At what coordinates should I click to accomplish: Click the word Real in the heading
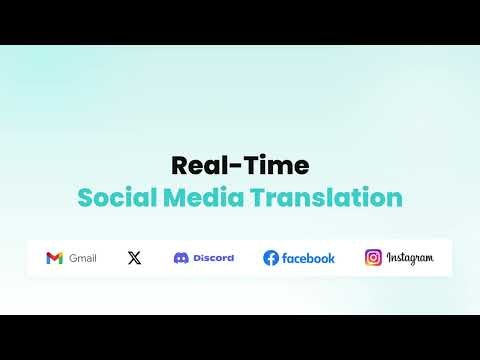click(x=194, y=164)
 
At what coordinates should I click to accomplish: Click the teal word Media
click(x=198, y=197)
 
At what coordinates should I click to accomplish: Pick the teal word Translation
click(x=321, y=197)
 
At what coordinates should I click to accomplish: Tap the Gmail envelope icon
click(x=54, y=258)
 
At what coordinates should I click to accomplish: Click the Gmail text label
click(x=83, y=258)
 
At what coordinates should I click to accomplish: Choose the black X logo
click(x=135, y=258)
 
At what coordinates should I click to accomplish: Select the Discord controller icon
click(x=181, y=258)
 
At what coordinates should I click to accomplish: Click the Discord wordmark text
click(x=213, y=258)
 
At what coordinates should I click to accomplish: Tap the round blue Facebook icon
click(x=271, y=258)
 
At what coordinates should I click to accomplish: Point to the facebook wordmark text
click(x=308, y=258)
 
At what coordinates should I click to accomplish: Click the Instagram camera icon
click(x=373, y=258)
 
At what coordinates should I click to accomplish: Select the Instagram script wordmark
click(x=410, y=258)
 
